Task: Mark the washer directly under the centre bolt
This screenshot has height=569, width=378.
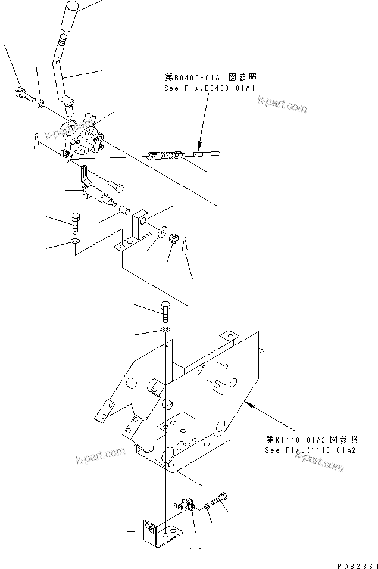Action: pyautogui.click(x=165, y=329)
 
